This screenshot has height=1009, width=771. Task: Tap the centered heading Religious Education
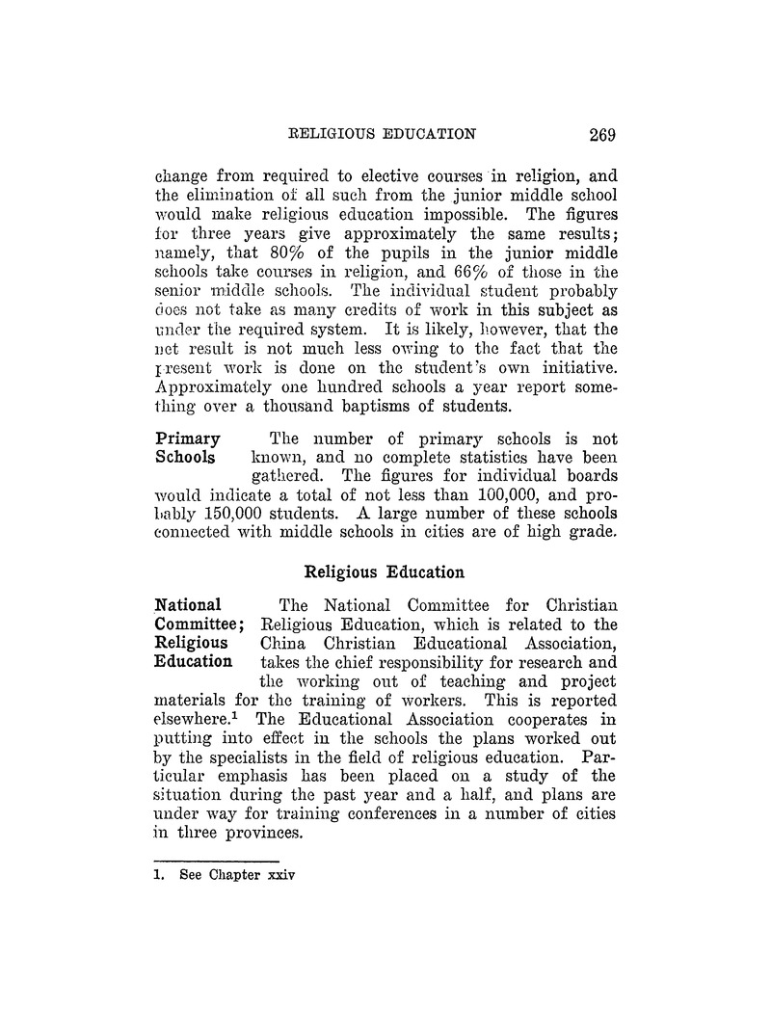(x=385, y=571)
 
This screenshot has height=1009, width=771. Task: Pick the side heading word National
(x=189, y=606)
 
